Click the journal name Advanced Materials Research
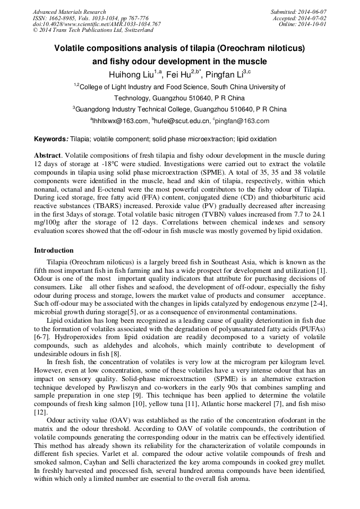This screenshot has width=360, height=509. (x=69, y=12)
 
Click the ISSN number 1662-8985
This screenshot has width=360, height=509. (x=62, y=18)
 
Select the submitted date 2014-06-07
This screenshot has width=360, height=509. (x=313, y=12)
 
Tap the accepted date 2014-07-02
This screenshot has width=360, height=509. (x=313, y=18)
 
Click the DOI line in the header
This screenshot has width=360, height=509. (x=97, y=24)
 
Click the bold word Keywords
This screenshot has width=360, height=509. (x=50, y=139)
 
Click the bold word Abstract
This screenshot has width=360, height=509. (x=48, y=156)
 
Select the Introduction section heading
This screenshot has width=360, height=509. (x=54, y=250)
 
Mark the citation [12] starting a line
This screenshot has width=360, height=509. (x=41, y=412)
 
